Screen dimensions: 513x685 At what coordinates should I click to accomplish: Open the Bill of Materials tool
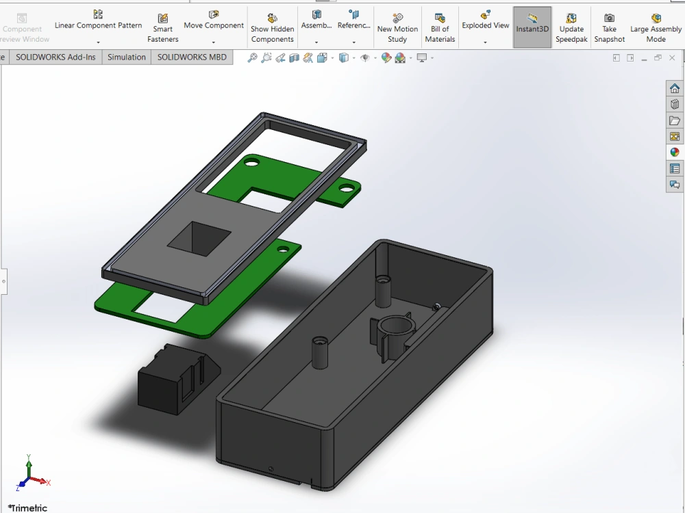(440, 27)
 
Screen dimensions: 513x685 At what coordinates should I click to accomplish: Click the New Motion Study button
(397, 27)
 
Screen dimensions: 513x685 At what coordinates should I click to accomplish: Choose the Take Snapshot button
(609, 27)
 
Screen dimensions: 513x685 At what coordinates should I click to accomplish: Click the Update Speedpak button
(571, 27)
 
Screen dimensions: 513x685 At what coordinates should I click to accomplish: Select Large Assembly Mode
(656, 27)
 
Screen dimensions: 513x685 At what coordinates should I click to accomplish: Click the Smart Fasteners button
(163, 27)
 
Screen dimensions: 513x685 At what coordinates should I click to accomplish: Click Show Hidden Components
(272, 27)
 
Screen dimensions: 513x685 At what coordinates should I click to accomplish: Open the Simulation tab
(127, 57)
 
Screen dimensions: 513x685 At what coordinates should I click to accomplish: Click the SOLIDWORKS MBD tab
(192, 57)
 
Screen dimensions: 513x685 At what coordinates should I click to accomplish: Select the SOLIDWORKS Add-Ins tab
(56, 57)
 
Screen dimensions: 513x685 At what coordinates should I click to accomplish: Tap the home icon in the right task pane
(675, 88)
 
